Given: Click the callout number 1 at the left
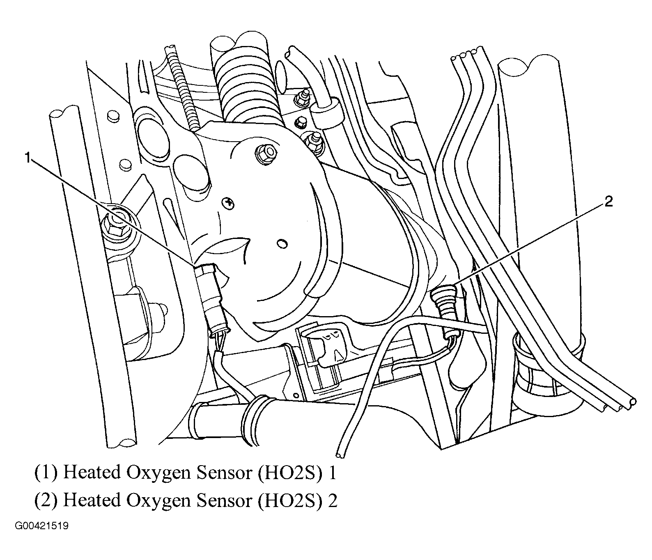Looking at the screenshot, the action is pos(28,158).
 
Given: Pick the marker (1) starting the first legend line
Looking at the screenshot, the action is pos(46,473).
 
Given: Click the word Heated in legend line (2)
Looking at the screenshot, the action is pos(92,501).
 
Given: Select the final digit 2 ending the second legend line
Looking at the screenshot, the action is pos(333,501).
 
